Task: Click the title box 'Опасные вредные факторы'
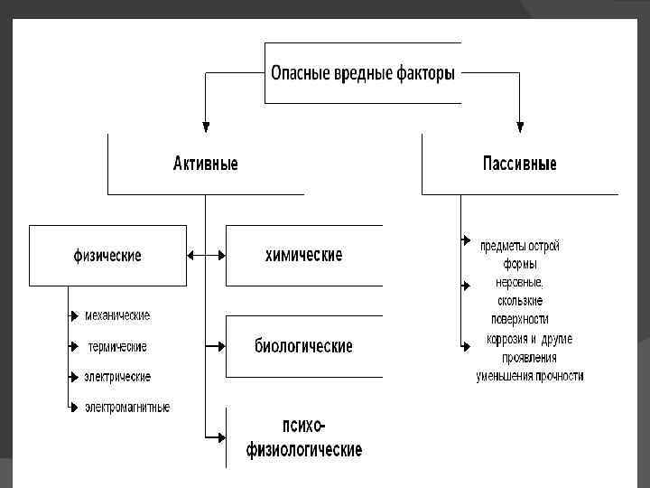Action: [x=363, y=73]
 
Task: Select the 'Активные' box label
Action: [x=206, y=164]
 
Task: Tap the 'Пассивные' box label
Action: [x=519, y=164]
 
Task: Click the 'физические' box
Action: [x=107, y=256]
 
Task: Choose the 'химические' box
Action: [x=303, y=256]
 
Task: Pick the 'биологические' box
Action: [x=303, y=346]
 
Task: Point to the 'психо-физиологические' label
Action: [x=304, y=437]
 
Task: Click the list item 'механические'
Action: [x=117, y=315]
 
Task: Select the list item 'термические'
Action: [x=117, y=346]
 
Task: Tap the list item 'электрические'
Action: [x=117, y=376]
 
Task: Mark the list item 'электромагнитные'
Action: [x=127, y=408]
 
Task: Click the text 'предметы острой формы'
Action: [x=520, y=255]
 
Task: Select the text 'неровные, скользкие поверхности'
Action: [x=520, y=300]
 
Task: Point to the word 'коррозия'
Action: [x=506, y=340]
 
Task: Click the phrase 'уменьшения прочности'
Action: [x=530, y=376]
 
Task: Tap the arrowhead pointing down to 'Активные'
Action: [x=206, y=127]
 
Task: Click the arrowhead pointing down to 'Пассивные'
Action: [x=520, y=127]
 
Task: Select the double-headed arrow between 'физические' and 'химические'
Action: [x=206, y=256]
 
